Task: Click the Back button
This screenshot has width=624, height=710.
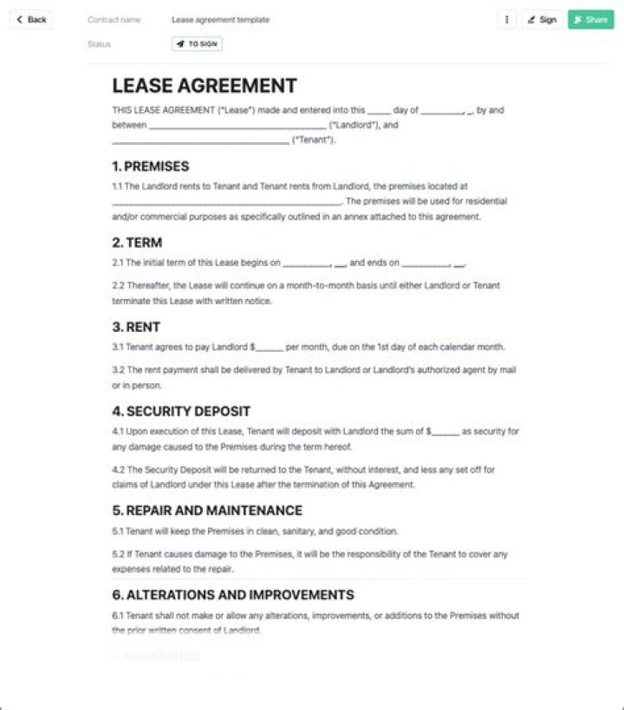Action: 31,19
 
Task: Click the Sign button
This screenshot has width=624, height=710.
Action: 543,19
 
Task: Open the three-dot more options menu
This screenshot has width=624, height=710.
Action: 507,19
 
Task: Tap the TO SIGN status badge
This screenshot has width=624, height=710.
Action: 197,43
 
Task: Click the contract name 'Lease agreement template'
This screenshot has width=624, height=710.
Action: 220,19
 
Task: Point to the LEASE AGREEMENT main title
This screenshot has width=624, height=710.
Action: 205,86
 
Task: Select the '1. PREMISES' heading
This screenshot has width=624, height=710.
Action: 150,166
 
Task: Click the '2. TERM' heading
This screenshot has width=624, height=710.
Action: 137,243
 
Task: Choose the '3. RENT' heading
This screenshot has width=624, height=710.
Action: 136,327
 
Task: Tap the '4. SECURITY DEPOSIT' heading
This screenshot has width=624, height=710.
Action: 181,411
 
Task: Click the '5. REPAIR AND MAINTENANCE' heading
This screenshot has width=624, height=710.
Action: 207,511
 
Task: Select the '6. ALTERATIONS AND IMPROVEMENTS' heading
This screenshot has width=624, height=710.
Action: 233,595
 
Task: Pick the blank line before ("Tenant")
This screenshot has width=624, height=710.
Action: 200,141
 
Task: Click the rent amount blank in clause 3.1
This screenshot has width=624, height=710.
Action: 270,348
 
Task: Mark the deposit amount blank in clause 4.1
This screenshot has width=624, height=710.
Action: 445,432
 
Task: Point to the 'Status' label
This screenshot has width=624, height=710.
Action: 99,43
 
